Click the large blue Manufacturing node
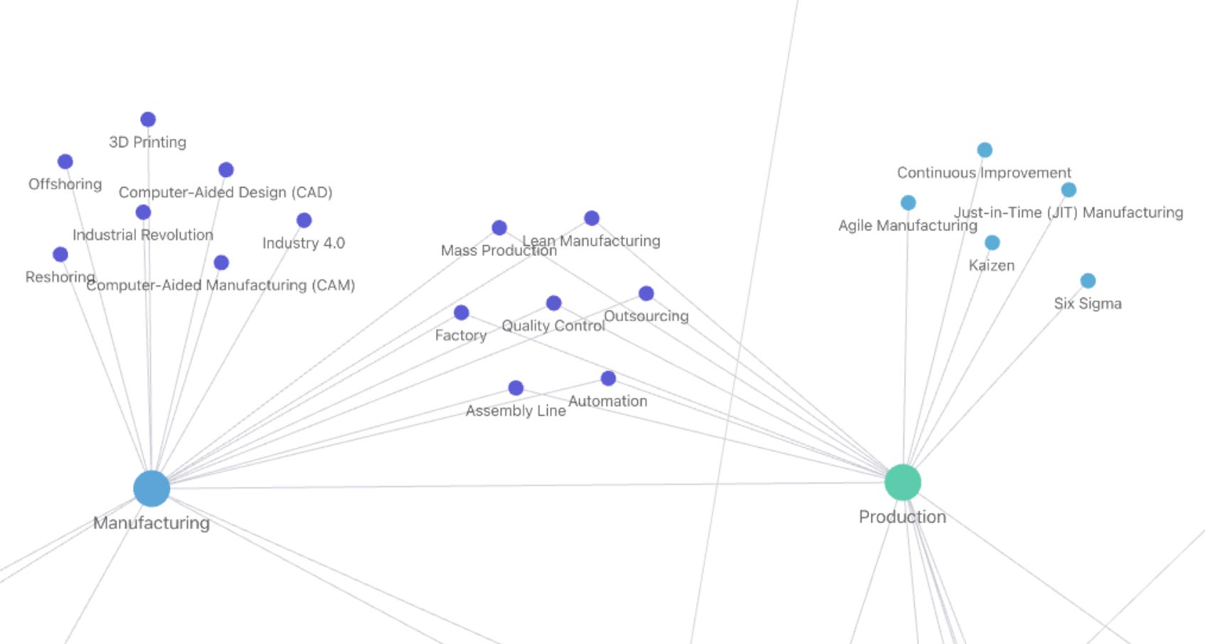[x=152, y=488]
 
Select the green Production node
[x=903, y=483]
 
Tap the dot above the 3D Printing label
[x=148, y=119]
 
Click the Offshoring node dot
[x=65, y=162]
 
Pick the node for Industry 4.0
[x=304, y=220]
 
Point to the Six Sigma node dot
[x=1088, y=281]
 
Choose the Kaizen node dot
[x=992, y=243]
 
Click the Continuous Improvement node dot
[x=984, y=150]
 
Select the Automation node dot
[x=608, y=378]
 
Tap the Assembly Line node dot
[x=516, y=388]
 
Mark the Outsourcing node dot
[x=646, y=294]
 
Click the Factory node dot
[x=461, y=313]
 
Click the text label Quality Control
[x=553, y=326]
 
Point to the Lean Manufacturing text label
[x=592, y=241]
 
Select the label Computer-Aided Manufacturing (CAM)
[x=221, y=285]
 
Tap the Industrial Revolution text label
[x=142, y=235]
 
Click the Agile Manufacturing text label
[x=908, y=225]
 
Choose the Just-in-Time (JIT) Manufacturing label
[x=1068, y=213]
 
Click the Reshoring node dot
[x=60, y=254]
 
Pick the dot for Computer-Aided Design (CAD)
[x=226, y=170]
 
